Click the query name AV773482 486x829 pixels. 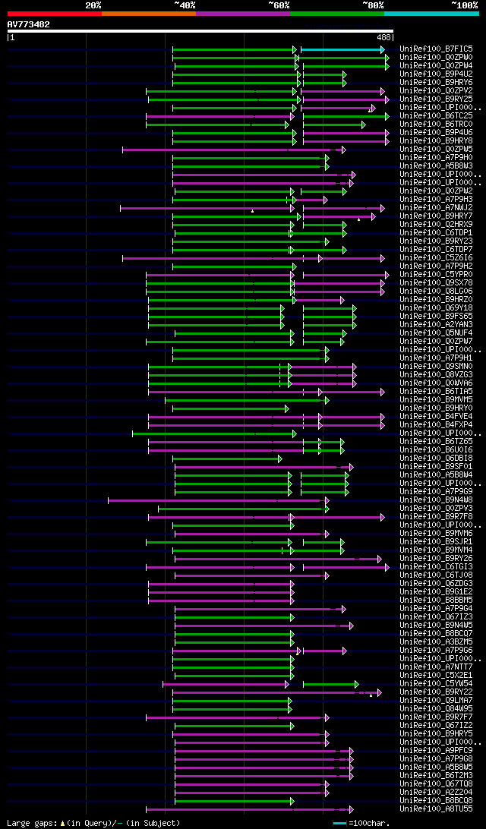pos(29,24)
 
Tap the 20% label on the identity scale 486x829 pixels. pos(93,5)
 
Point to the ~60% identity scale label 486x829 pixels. pos(279,5)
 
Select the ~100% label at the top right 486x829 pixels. pos(464,5)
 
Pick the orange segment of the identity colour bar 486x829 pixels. pos(148,13)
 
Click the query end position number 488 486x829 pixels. pos(383,37)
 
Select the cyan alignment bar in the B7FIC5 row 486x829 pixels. pos(342,49)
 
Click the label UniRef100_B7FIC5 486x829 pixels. pos(437,49)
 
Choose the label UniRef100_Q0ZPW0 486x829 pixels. pos(437,57)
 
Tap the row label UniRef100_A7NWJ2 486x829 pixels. pos(437,207)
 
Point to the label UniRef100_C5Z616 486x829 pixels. pos(437,257)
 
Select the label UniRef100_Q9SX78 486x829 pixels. pos(437,282)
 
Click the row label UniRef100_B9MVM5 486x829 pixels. pos(437,399)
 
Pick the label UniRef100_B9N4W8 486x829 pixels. pos(437,500)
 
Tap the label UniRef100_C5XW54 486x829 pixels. pos(437,683)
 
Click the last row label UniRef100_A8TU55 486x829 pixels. pos(437,809)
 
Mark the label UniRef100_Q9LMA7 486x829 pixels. pos(437,700)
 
